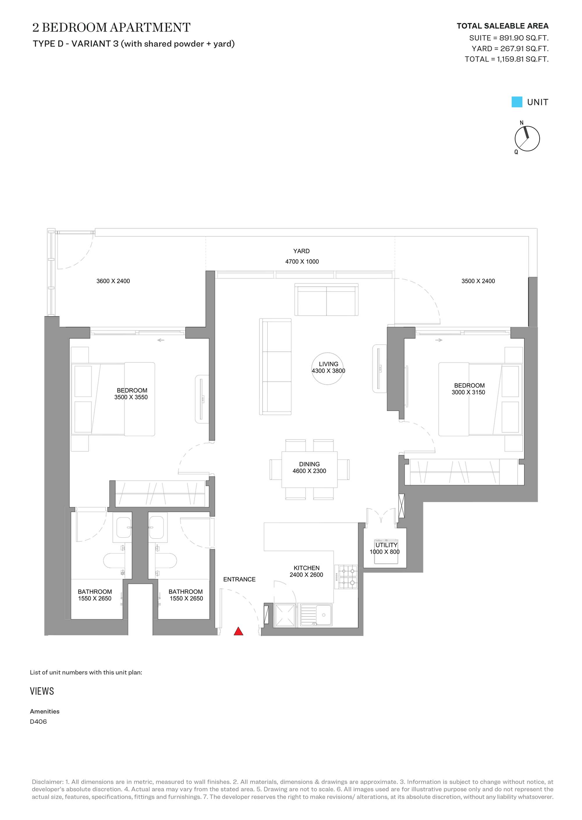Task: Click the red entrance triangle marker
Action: coord(238,631)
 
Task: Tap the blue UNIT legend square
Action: coord(517,102)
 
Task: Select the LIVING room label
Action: coord(328,364)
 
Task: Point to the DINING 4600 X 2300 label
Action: coord(309,467)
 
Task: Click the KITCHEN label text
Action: coord(306,568)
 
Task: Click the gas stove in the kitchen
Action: coord(346,577)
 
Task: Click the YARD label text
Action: coord(301,251)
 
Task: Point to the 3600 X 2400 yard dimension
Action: coord(113,281)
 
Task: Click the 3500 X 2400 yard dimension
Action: coord(478,281)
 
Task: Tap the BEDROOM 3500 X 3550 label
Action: coord(131,394)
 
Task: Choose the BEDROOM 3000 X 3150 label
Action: coord(469,389)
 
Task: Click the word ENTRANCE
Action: coord(239,579)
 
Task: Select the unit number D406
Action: coord(38,721)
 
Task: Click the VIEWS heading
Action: coord(42,691)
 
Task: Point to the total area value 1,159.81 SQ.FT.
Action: coord(523,59)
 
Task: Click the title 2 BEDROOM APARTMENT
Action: coord(111,27)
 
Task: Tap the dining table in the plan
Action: coord(309,470)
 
